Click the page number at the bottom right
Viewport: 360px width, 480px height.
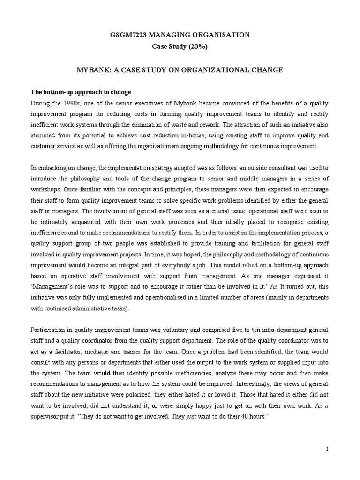click(x=328, y=450)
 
